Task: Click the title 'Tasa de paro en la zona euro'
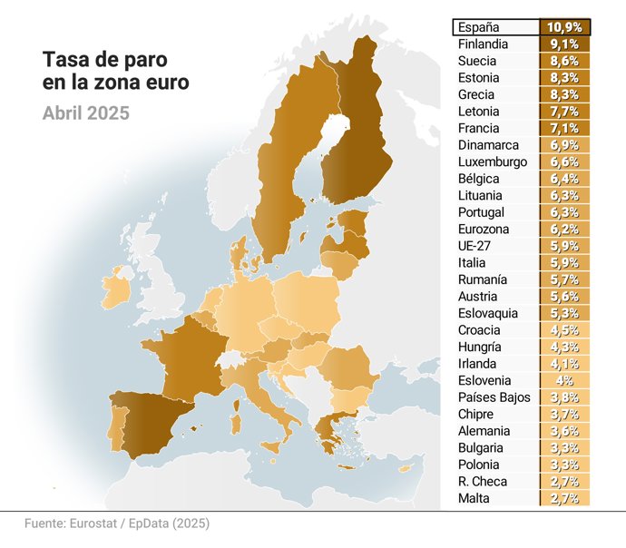pyautogui.click(x=116, y=71)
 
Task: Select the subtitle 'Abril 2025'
pyautogui.click(x=86, y=113)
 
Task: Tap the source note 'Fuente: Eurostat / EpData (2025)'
pyautogui.click(x=116, y=524)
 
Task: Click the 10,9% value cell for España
pyautogui.click(x=565, y=27)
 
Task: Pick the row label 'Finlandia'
pyautogui.click(x=483, y=44)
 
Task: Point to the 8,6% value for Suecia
pyautogui.click(x=565, y=62)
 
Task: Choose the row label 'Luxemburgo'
pyautogui.click(x=493, y=162)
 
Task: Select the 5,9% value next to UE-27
pyautogui.click(x=565, y=246)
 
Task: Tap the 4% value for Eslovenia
pyautogui.click(x=565, y=380)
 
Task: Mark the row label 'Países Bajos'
pyautogui.click(x=490, y=397)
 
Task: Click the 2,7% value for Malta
pyautogui.click(x=565, y=498)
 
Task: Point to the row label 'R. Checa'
pyautogui.click(x=483, y=481)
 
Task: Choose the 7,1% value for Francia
pyautogui.click(x=565, y=129)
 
